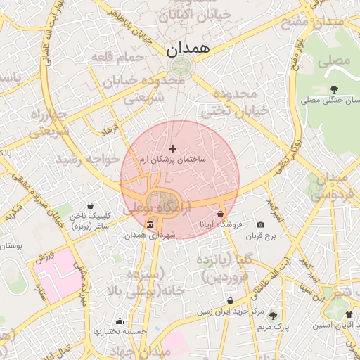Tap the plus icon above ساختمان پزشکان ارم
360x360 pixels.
pos(173,148)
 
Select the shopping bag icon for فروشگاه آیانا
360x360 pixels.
pos(221,214)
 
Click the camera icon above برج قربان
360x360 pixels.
pos(261,224)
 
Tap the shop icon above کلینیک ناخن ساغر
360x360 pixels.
pos(91,206)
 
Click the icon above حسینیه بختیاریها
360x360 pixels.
pos(120,320)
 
